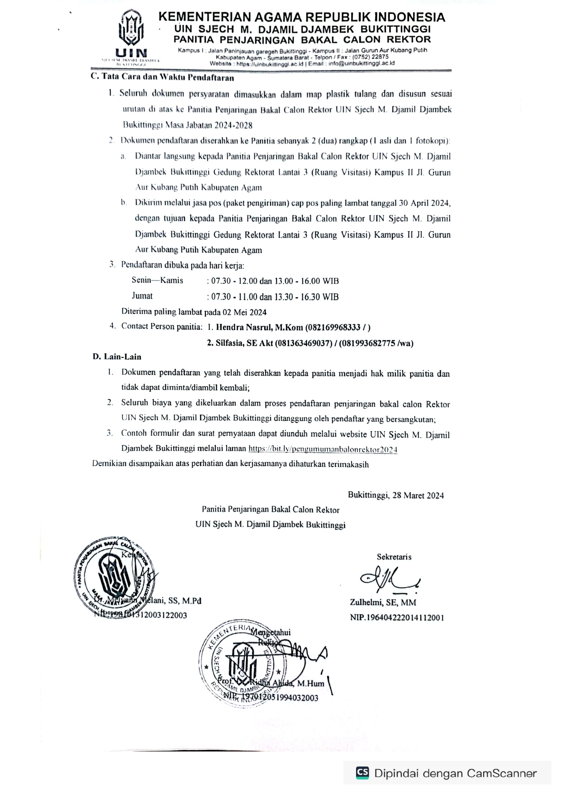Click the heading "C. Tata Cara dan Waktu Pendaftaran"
tap(162, 77)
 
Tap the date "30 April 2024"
tap(425, 203)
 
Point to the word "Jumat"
tap(142, 296)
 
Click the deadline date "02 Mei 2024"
tap(247, 312)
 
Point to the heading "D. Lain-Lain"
tap(117, 357)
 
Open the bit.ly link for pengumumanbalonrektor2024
tap(323, 449)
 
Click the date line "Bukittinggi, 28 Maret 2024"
tap(395, 495)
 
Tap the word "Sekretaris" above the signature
tap(394, 557)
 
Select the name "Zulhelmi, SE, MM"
tap(383, 602)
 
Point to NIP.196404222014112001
tap(397, 617)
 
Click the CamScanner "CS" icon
tap(362, 773)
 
